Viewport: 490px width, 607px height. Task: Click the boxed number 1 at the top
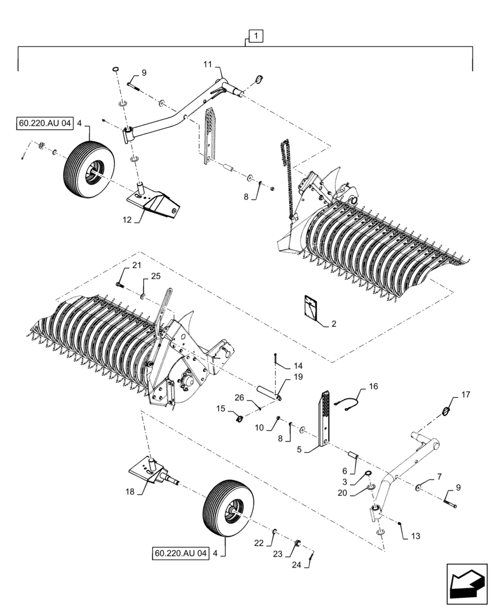pos(255,37)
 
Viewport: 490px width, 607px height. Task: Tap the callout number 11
pos(207,63)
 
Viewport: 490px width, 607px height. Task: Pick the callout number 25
pos(156,277)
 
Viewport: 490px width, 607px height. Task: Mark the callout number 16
pos(372,386)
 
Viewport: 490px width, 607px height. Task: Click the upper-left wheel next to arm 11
pos(87,164)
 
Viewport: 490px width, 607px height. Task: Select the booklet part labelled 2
pos(312,308)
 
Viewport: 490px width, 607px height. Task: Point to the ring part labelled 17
pos(447,412)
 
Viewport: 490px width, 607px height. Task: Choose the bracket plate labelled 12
pos(155,202)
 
